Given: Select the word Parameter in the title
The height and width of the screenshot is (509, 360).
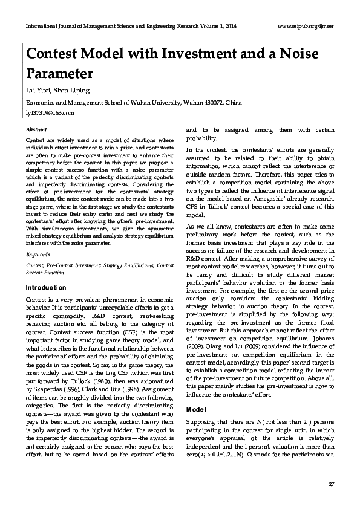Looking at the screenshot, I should pyautogui.click(x=59, y=74).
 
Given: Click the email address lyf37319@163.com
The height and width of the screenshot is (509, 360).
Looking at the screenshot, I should pyautogui.click(x=50, y=113).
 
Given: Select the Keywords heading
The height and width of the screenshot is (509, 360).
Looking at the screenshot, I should pyautogui.click(x=38, y=254).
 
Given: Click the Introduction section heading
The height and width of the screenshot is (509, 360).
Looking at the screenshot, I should pyautogui.click(x=45, y=288).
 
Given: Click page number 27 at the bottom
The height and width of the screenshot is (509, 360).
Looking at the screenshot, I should pyautogui.click(x=330, y=484).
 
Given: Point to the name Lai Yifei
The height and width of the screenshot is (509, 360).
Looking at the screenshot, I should pyautogui.click(x=37, y=91).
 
